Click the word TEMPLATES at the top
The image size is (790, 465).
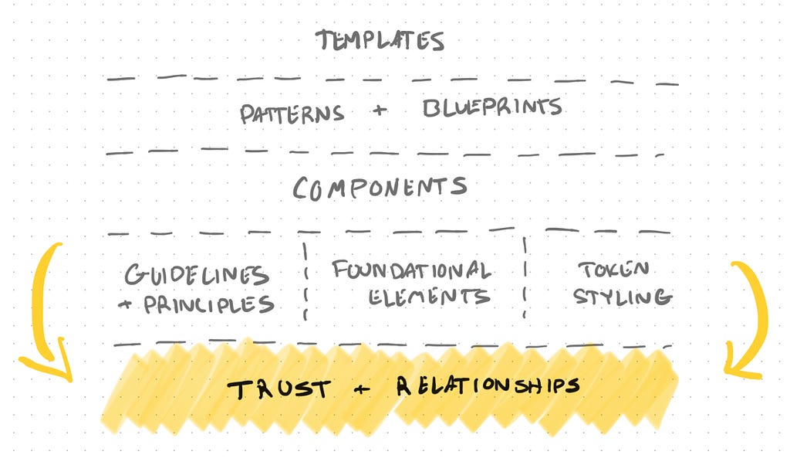pyautogui.click(x=380, y=40)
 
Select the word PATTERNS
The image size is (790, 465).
pyautogui.click(x=291, y=114)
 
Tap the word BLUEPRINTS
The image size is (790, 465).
pyautogui.click(x=492, y=108)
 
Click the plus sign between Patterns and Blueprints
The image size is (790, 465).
pyautogui.click(x=378, y=111)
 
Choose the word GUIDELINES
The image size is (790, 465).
pyautogui.click(x=197, y=275)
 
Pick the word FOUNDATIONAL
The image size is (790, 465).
pyautogui.click(x=411, y=270)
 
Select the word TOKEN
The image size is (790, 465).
pyautogui.click(x=604, y=270)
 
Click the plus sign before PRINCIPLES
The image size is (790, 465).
pyautogui.click(x=125, y=305)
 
